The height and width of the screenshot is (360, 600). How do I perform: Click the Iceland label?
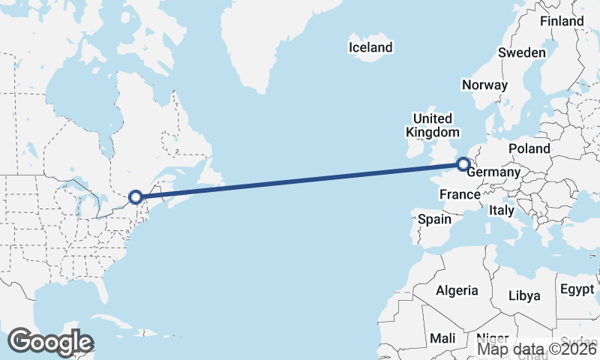point(370,48)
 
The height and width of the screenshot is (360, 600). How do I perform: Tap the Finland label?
point(562,21)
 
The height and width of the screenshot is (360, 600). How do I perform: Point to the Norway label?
point(484,85)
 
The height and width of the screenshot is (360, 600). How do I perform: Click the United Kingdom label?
point(432,125)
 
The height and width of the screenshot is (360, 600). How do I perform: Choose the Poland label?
point(529,148)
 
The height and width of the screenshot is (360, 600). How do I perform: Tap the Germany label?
point(493,172)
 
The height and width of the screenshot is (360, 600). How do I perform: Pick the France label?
point(459,195)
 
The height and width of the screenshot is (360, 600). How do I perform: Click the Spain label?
point(434,220)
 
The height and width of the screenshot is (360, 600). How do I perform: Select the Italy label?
point(501,211)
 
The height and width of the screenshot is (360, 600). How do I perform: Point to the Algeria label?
point(457,290)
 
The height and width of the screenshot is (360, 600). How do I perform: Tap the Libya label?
point(524,295)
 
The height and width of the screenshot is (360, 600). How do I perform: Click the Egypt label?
point(576,289)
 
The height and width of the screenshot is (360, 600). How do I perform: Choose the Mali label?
point(442,338)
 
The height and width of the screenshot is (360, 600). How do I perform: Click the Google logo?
point(50,342)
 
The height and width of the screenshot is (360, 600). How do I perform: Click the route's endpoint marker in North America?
point(136,197)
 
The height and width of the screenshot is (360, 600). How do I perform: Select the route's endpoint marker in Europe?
point(463,163)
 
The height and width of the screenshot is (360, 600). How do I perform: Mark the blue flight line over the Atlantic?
point(300,180)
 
